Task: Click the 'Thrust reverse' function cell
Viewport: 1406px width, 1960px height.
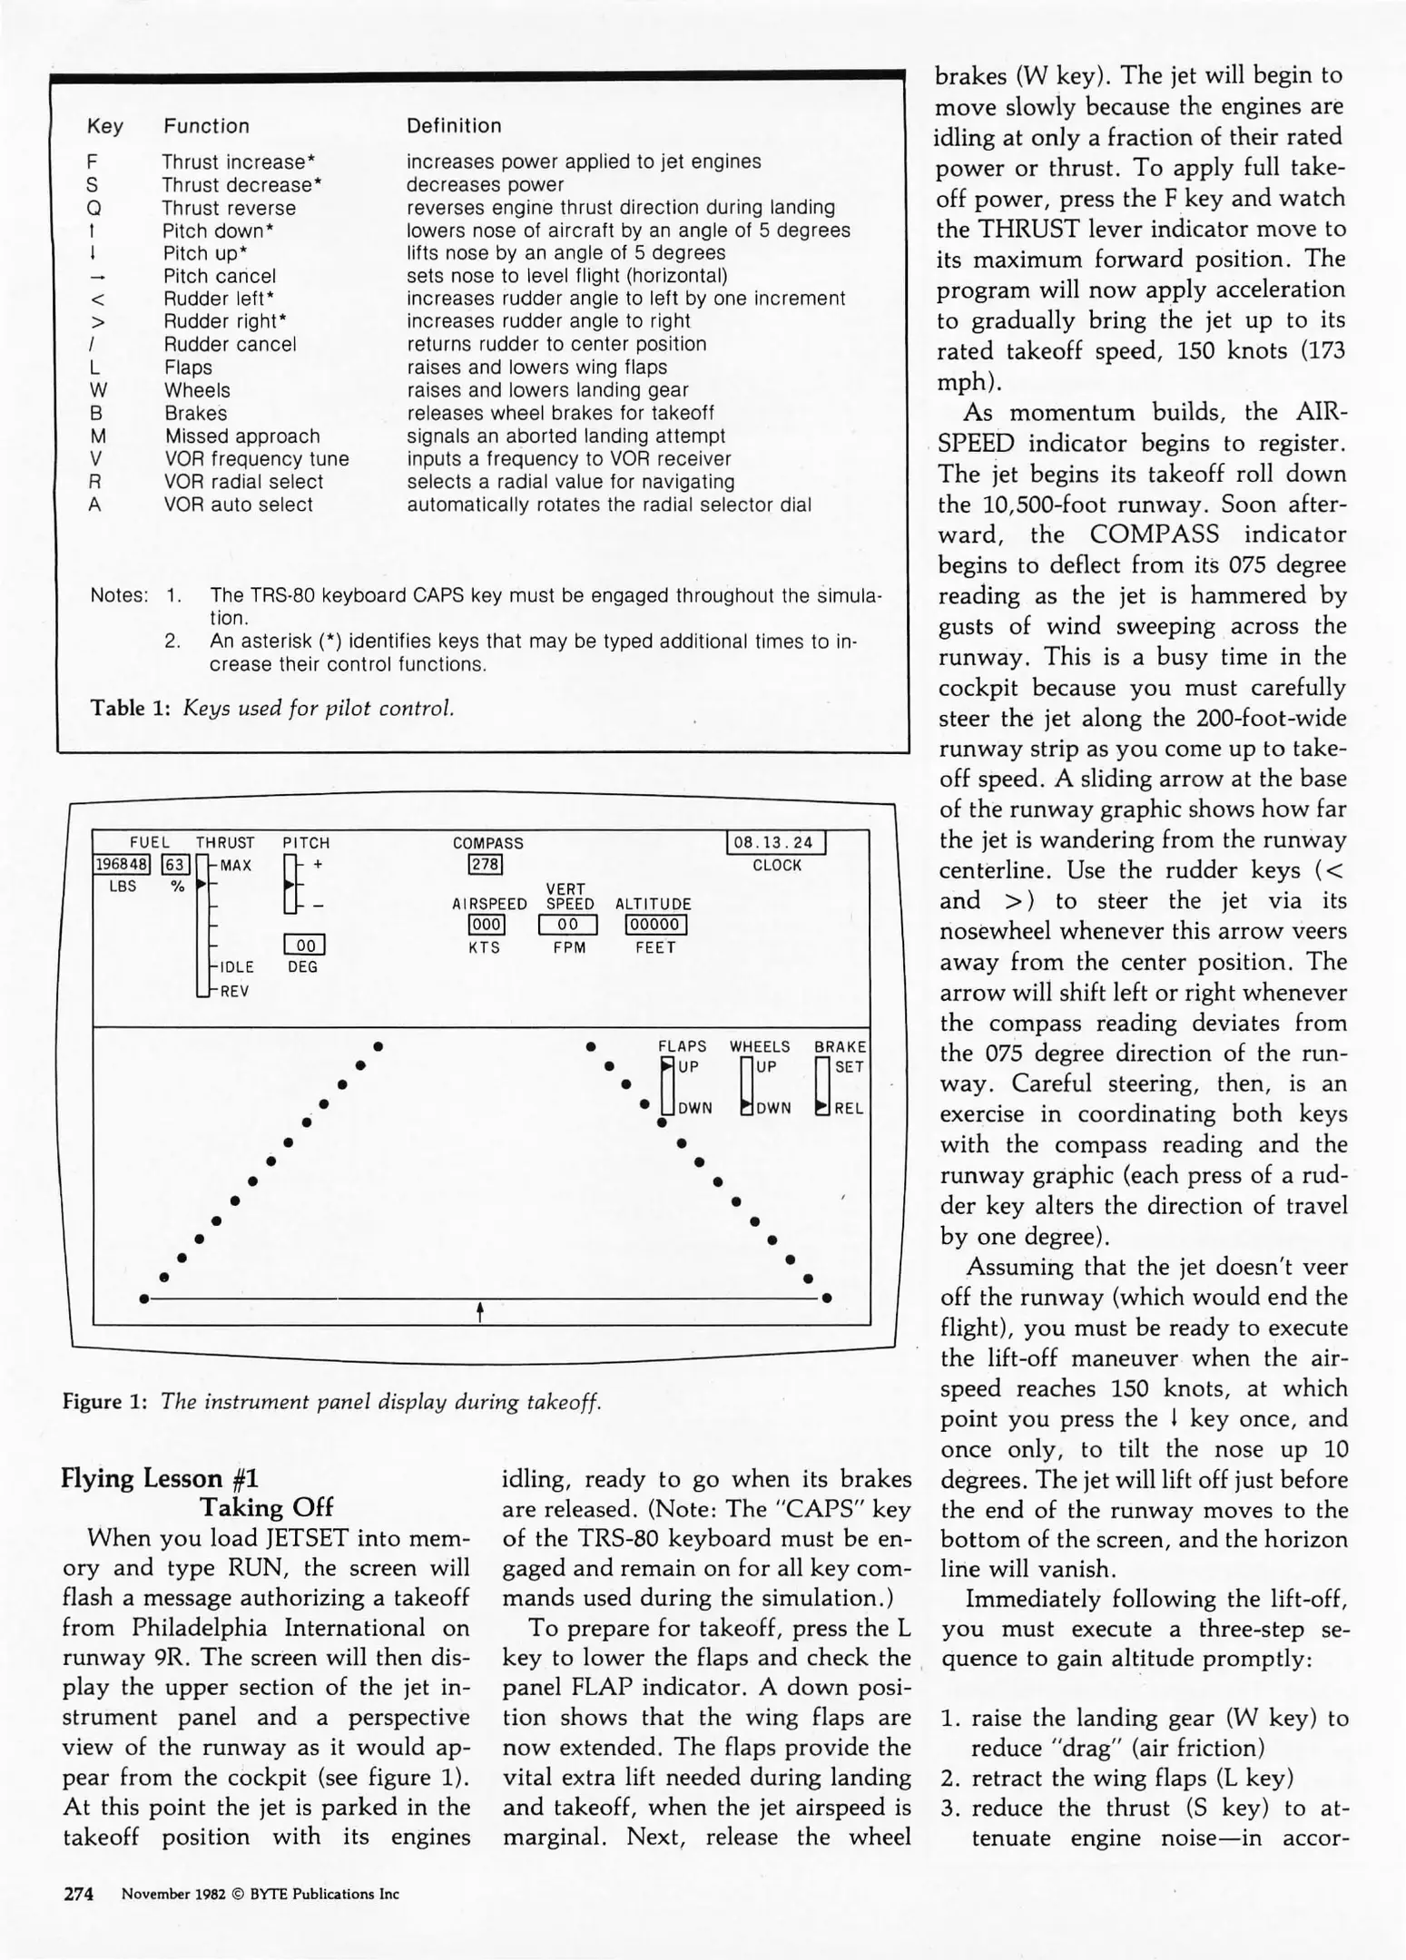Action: point(229,208)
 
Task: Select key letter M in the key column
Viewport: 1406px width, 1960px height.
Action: point(95,436)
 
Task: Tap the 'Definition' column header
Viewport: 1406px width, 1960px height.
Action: point(454,126)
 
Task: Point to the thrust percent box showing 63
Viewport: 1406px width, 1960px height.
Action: point(175,865)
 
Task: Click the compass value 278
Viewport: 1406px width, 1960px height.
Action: point(486,865)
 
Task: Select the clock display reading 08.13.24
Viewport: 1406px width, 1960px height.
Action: point(776,843)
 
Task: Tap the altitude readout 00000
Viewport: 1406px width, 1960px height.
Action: point(655,925)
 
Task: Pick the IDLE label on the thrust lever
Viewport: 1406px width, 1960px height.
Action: point(236,967)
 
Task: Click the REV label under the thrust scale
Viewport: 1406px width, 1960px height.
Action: point(233,992)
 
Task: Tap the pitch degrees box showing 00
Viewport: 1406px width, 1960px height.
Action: point(305,946)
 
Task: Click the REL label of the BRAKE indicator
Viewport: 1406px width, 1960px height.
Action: point(849,1108)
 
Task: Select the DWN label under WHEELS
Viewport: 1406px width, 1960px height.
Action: point(773,1108)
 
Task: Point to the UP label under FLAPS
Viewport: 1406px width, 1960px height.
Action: point(688,1067)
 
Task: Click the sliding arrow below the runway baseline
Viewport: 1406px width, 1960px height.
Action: point(479,1311)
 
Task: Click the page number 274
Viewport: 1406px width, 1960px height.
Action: point(78,1894)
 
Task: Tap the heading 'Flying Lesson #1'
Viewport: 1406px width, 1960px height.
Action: point(160,1479)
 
